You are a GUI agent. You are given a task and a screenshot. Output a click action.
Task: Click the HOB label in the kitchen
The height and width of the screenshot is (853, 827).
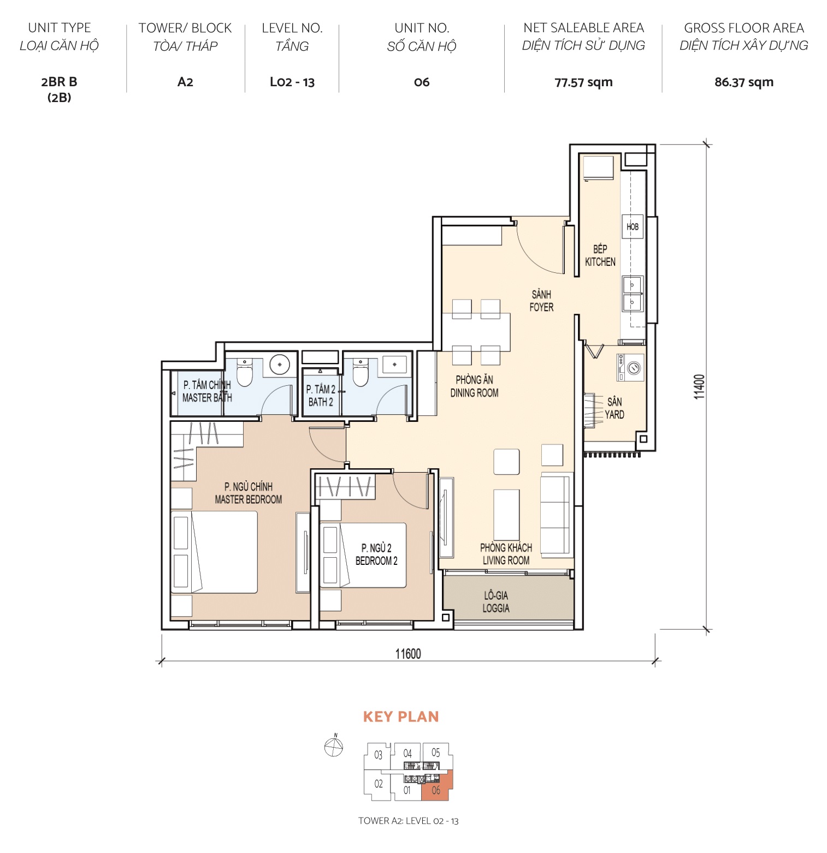click(x=632, y=226)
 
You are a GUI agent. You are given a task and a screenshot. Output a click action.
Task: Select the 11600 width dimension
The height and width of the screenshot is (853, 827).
click(x=408, y=653)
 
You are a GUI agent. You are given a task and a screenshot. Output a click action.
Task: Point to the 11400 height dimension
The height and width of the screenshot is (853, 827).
click(x=699, y=386)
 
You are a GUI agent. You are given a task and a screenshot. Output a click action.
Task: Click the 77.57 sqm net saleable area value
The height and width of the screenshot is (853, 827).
click(x=583, y=82)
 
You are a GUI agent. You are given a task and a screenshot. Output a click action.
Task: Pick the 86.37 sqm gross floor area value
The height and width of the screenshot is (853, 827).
click(x=743, y=82)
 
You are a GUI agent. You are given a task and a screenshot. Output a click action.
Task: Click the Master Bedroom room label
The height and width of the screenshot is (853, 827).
click(x=249, y=493)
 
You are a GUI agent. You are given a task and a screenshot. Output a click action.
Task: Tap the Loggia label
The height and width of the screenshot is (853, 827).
click(x=496, y=601)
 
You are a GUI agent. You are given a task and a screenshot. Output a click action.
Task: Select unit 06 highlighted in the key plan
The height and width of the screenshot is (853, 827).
click(x=436, y=789)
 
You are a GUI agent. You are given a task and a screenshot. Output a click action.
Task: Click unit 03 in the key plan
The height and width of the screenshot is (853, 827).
click(x=378, y=755)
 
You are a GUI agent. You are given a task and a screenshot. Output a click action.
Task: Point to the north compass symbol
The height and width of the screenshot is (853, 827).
click(x=333, y=746)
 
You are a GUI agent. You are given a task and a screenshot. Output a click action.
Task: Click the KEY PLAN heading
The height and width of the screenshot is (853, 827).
click(x=401, y=717)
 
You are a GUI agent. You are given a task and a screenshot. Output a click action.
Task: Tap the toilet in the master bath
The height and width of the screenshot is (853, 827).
click(x=245, y=373)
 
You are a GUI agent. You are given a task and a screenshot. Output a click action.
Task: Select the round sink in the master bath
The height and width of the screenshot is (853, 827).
click(x=280, y=365)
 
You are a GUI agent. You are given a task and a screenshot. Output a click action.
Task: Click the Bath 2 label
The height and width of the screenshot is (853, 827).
click(x=321, y=396)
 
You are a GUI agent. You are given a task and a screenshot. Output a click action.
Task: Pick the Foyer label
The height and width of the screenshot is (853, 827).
click(x=541, y=301)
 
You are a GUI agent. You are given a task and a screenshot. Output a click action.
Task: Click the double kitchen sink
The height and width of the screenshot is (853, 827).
click(x=632, y=293)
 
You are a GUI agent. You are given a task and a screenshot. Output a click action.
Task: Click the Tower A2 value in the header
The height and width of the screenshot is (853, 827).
click(x=185, y=82)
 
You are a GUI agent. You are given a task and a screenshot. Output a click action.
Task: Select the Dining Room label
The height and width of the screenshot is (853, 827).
click(x=474, y=386)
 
